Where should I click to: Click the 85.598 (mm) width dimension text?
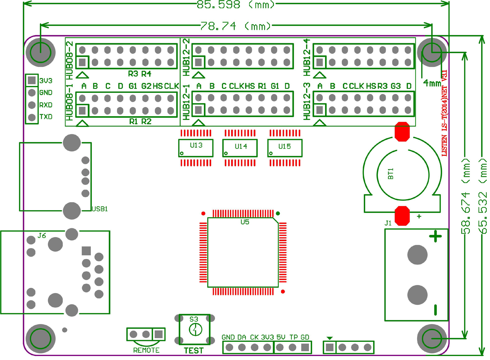pyautogui.click(x=235, y=5)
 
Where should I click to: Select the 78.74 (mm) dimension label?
pyautogui.click(x=235, y=26)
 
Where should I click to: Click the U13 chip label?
pyautogui.click(x=196, y=145)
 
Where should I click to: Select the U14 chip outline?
pyautogui.click(x=240, y=148)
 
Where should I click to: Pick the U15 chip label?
pyautogui.click(x=284, y=147)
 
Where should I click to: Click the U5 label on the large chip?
pyautogui.click(x=245, y=222)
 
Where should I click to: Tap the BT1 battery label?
pyautogui.click(x=391, y=174)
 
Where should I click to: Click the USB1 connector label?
pyautogui.click(x=100, y=209)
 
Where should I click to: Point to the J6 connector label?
pyautogui.click(x=42, y=236)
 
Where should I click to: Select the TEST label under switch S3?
pyautogui.click(x=194, y=350)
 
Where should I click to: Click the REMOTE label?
pyautogui.click(x=146, y=350)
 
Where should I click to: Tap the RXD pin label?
pyautogui.click(x=46, y=105)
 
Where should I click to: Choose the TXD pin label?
pyautogui.click(x=46, y=117)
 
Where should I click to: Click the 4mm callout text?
pyautogui.click(x=432, y=83)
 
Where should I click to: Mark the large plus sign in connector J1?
pyautogui.click(x=435, y=237)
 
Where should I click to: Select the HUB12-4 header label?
pyautogui.click(x=307, y=58)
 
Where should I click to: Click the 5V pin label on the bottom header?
pyautogui.click(x=281, y=337)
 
